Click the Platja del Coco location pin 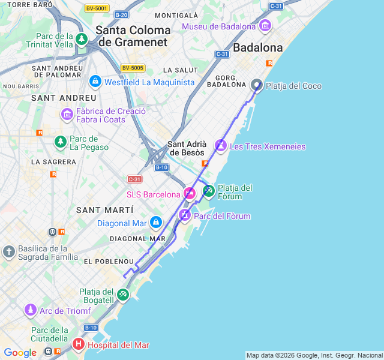point(257,85)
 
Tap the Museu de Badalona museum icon point(265,26)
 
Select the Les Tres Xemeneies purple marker point(221,146)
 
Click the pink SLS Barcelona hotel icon point(190,193)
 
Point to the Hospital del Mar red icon point(79,344)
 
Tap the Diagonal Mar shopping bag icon point(156,223)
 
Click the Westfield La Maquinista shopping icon point(95,81)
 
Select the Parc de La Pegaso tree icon point(60,142)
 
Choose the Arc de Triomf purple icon point(30,310)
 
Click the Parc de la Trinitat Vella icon point(82,39)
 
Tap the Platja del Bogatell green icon point(122,294)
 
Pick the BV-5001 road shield point(96,8)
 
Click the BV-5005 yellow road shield point(132,68)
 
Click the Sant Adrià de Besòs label point(187,148)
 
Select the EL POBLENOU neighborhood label point(109,262)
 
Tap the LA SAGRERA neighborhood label point(53,161)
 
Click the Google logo point(20,353)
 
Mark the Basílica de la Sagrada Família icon point(9,251)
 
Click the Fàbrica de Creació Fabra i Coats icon point(67,113)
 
